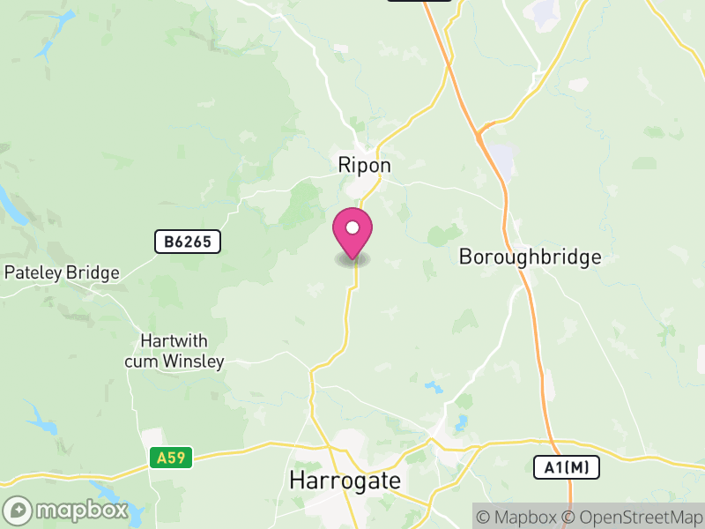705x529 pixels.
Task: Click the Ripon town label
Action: [364, 165]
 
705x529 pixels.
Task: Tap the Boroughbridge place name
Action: [530, 257]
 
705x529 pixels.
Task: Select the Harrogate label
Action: [345, 481]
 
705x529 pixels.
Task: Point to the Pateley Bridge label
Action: [62, 272]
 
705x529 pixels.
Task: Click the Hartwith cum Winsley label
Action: [174, 351]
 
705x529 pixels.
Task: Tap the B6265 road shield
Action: [187, 242]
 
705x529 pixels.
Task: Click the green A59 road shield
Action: [171, 458]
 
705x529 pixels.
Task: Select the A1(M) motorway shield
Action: [567, 467]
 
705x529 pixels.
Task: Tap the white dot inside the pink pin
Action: [352, 228]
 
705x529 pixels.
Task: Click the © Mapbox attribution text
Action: [520, 517]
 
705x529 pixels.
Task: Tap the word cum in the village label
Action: [142, 361]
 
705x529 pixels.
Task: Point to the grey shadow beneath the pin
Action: [352, 260]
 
